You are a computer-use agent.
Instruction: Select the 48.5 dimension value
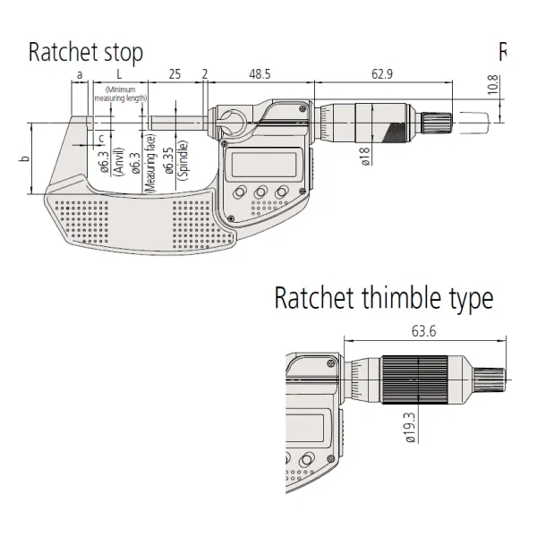(260, 73)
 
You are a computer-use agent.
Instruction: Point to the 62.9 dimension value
(386, 73)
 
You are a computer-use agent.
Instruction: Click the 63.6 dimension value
(424, 331)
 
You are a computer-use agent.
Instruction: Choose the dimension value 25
(175, 73)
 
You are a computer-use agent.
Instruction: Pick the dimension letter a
(80, 73)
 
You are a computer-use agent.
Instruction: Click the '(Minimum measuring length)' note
(125, 94)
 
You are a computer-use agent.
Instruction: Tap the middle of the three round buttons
(260, 192)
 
